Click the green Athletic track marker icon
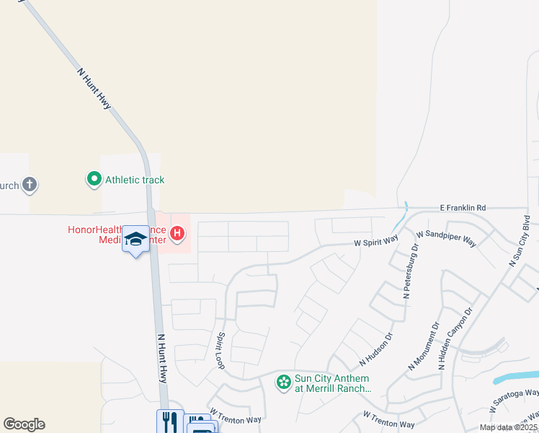pos(94,179)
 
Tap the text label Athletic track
pos(135,180)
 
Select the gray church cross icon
pos(29,185)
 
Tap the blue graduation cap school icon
pos(135,240)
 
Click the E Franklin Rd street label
pos(463,208)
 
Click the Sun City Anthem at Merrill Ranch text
pos(331,383)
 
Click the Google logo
pos(24,424)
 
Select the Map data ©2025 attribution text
pos(508,427)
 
